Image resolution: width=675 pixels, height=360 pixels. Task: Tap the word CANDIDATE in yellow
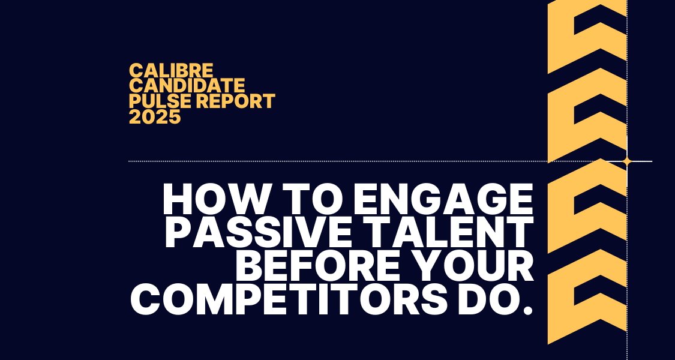(x=187, y=85)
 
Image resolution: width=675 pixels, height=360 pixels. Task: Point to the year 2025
(x=155, y=116)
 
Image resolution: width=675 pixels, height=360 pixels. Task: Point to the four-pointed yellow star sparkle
(x=627, y=161)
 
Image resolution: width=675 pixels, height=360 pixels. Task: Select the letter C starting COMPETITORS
(x=145, y=299)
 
